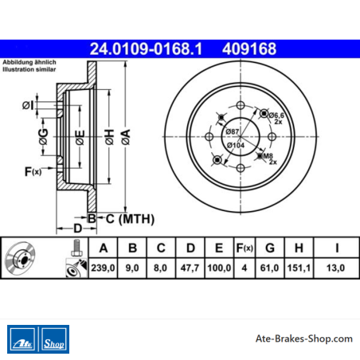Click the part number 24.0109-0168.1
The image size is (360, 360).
146,49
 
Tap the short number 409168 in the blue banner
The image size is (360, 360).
249,49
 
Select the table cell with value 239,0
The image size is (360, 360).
103,268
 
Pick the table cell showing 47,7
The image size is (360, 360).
190,268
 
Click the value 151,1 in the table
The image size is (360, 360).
299,268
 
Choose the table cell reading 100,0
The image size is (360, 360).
219,268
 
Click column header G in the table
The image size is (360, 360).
270,248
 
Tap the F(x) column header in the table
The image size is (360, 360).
245,248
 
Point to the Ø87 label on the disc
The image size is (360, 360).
233,131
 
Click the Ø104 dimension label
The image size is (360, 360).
236,145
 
